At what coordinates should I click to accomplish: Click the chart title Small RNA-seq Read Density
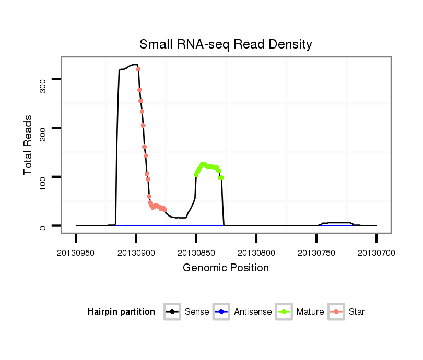tap(226, 44)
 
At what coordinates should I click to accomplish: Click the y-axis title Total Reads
tap(28, 145)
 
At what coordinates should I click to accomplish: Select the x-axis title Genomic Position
tap(226, 268)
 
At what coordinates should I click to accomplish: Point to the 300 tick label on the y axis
tap(43, 79)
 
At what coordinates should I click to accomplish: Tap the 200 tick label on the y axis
tap(43, 128)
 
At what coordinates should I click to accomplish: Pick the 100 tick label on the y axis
tap(43, 177)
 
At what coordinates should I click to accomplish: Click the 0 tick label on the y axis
tap(43, 226)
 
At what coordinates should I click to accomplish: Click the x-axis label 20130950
tap(76, 253)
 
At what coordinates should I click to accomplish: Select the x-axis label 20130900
tap(136, 253)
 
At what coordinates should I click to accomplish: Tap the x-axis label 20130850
tap(196, 253)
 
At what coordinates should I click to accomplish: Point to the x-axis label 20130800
tap(256, 253)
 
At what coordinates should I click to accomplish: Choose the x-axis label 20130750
tap(316, 253)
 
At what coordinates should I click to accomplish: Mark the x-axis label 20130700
tap(376, 253)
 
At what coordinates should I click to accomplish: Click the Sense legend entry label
tap(197, 312)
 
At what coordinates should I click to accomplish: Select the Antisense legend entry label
tap(253, 312)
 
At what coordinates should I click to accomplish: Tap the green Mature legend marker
tap(284, 312)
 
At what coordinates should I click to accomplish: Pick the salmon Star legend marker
tap(337, 312)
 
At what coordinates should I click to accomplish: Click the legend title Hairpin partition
tap(121, 312)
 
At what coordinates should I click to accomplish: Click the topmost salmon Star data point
tap(138, 69)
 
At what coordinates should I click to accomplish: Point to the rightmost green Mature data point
tap(221, 178)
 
